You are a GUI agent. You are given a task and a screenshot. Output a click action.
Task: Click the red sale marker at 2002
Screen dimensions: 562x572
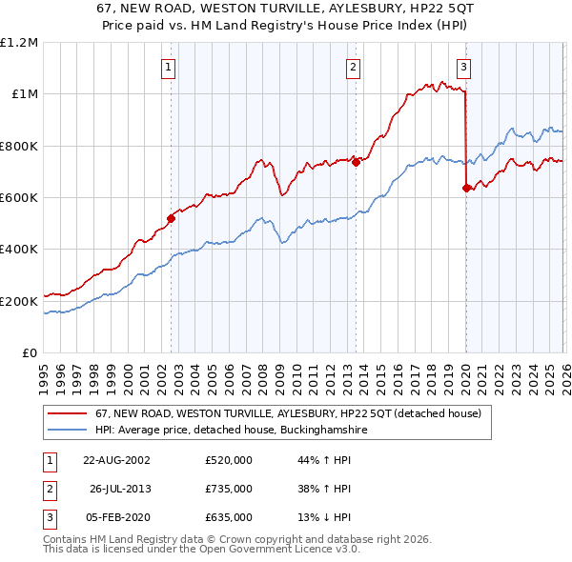[x=172, y=218]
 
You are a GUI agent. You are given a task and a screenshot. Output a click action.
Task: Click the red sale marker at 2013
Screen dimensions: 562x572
[x=356, y=162]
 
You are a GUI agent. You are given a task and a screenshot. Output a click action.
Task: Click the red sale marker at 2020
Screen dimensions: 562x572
[x=466, y=189]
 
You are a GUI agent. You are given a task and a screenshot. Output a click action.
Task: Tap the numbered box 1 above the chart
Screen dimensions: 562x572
[x=168, y=67]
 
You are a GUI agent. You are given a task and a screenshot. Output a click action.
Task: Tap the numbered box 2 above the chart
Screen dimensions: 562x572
[x=353, y=67]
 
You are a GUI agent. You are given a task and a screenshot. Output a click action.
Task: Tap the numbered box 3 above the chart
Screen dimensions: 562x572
[x=463, y=67]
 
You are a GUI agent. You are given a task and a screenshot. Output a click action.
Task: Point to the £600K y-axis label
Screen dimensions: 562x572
[x=19, y=198]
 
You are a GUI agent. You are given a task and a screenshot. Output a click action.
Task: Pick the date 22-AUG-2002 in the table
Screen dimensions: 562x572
[x=116, y=460]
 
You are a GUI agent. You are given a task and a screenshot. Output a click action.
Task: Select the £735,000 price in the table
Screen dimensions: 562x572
[x=229, y=489]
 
